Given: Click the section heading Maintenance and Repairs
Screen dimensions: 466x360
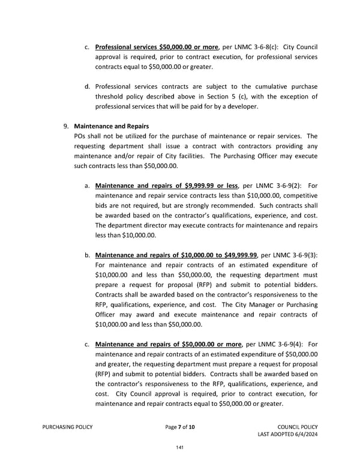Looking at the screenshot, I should pyautogui.click(x=111, y=126).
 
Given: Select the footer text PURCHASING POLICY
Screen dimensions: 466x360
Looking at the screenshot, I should pyautogui.click(x=67, y=426).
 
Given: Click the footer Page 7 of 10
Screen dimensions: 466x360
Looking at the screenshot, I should pyautogui.click(x=179, y=426).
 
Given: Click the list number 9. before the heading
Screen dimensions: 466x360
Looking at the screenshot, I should pyautogui.click(x=66, y=126).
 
